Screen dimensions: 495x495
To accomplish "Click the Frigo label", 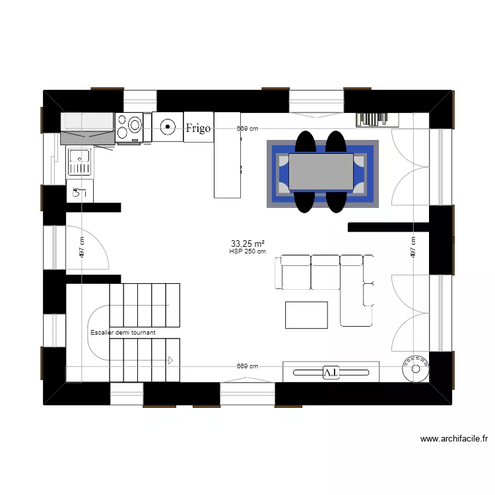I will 198,128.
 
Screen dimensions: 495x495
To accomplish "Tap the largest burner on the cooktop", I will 135,123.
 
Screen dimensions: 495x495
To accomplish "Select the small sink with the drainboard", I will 79,162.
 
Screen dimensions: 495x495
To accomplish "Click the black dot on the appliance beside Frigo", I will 168,125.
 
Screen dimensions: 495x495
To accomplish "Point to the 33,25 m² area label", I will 247,243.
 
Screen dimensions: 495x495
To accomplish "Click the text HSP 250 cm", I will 247,251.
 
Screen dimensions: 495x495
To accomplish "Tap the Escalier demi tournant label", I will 123,333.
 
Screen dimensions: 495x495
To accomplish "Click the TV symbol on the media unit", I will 331,372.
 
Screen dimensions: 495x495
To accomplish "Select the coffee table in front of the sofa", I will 306,315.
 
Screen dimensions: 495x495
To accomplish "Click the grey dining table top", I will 321,172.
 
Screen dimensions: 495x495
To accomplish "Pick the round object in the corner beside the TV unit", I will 416,368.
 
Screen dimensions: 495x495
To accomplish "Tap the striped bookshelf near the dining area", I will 378,119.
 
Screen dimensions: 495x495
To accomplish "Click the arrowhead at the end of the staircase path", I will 170,360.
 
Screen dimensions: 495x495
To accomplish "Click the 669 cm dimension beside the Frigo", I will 247,129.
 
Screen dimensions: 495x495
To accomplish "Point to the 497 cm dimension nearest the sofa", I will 412,247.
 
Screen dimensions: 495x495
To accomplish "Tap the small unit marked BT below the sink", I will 80,193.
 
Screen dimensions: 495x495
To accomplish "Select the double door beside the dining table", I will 411,166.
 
